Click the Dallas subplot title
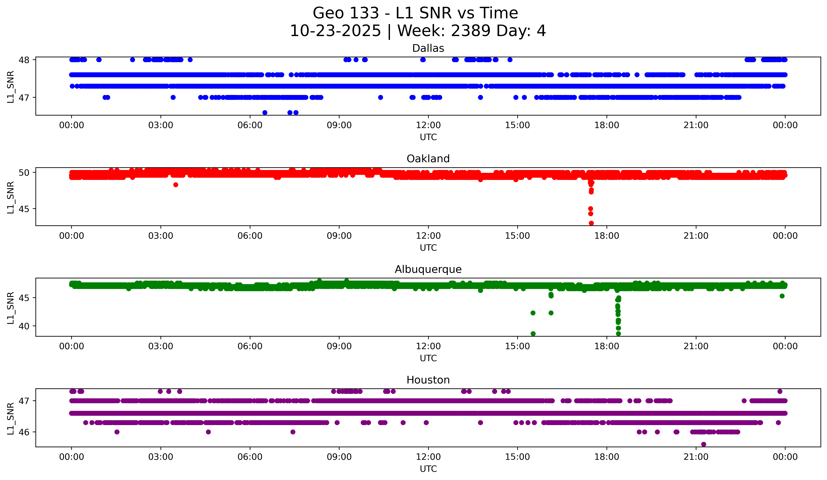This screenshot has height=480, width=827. pos(428,48)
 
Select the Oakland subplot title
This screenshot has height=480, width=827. pos(428,159)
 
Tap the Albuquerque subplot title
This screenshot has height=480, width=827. pos(428,269)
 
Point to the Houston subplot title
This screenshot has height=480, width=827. pos(428,380)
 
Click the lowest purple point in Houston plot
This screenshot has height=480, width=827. pos(703,444)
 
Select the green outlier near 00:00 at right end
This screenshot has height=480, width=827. pos(782,296)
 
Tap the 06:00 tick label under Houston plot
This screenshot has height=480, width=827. pos(250,457)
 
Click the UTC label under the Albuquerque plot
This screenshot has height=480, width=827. pos(428,358)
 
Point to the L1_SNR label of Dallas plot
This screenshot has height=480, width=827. pos(10,87)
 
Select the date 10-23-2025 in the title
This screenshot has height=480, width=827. pos(335,31)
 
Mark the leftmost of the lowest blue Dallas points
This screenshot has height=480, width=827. pos(265,113)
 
